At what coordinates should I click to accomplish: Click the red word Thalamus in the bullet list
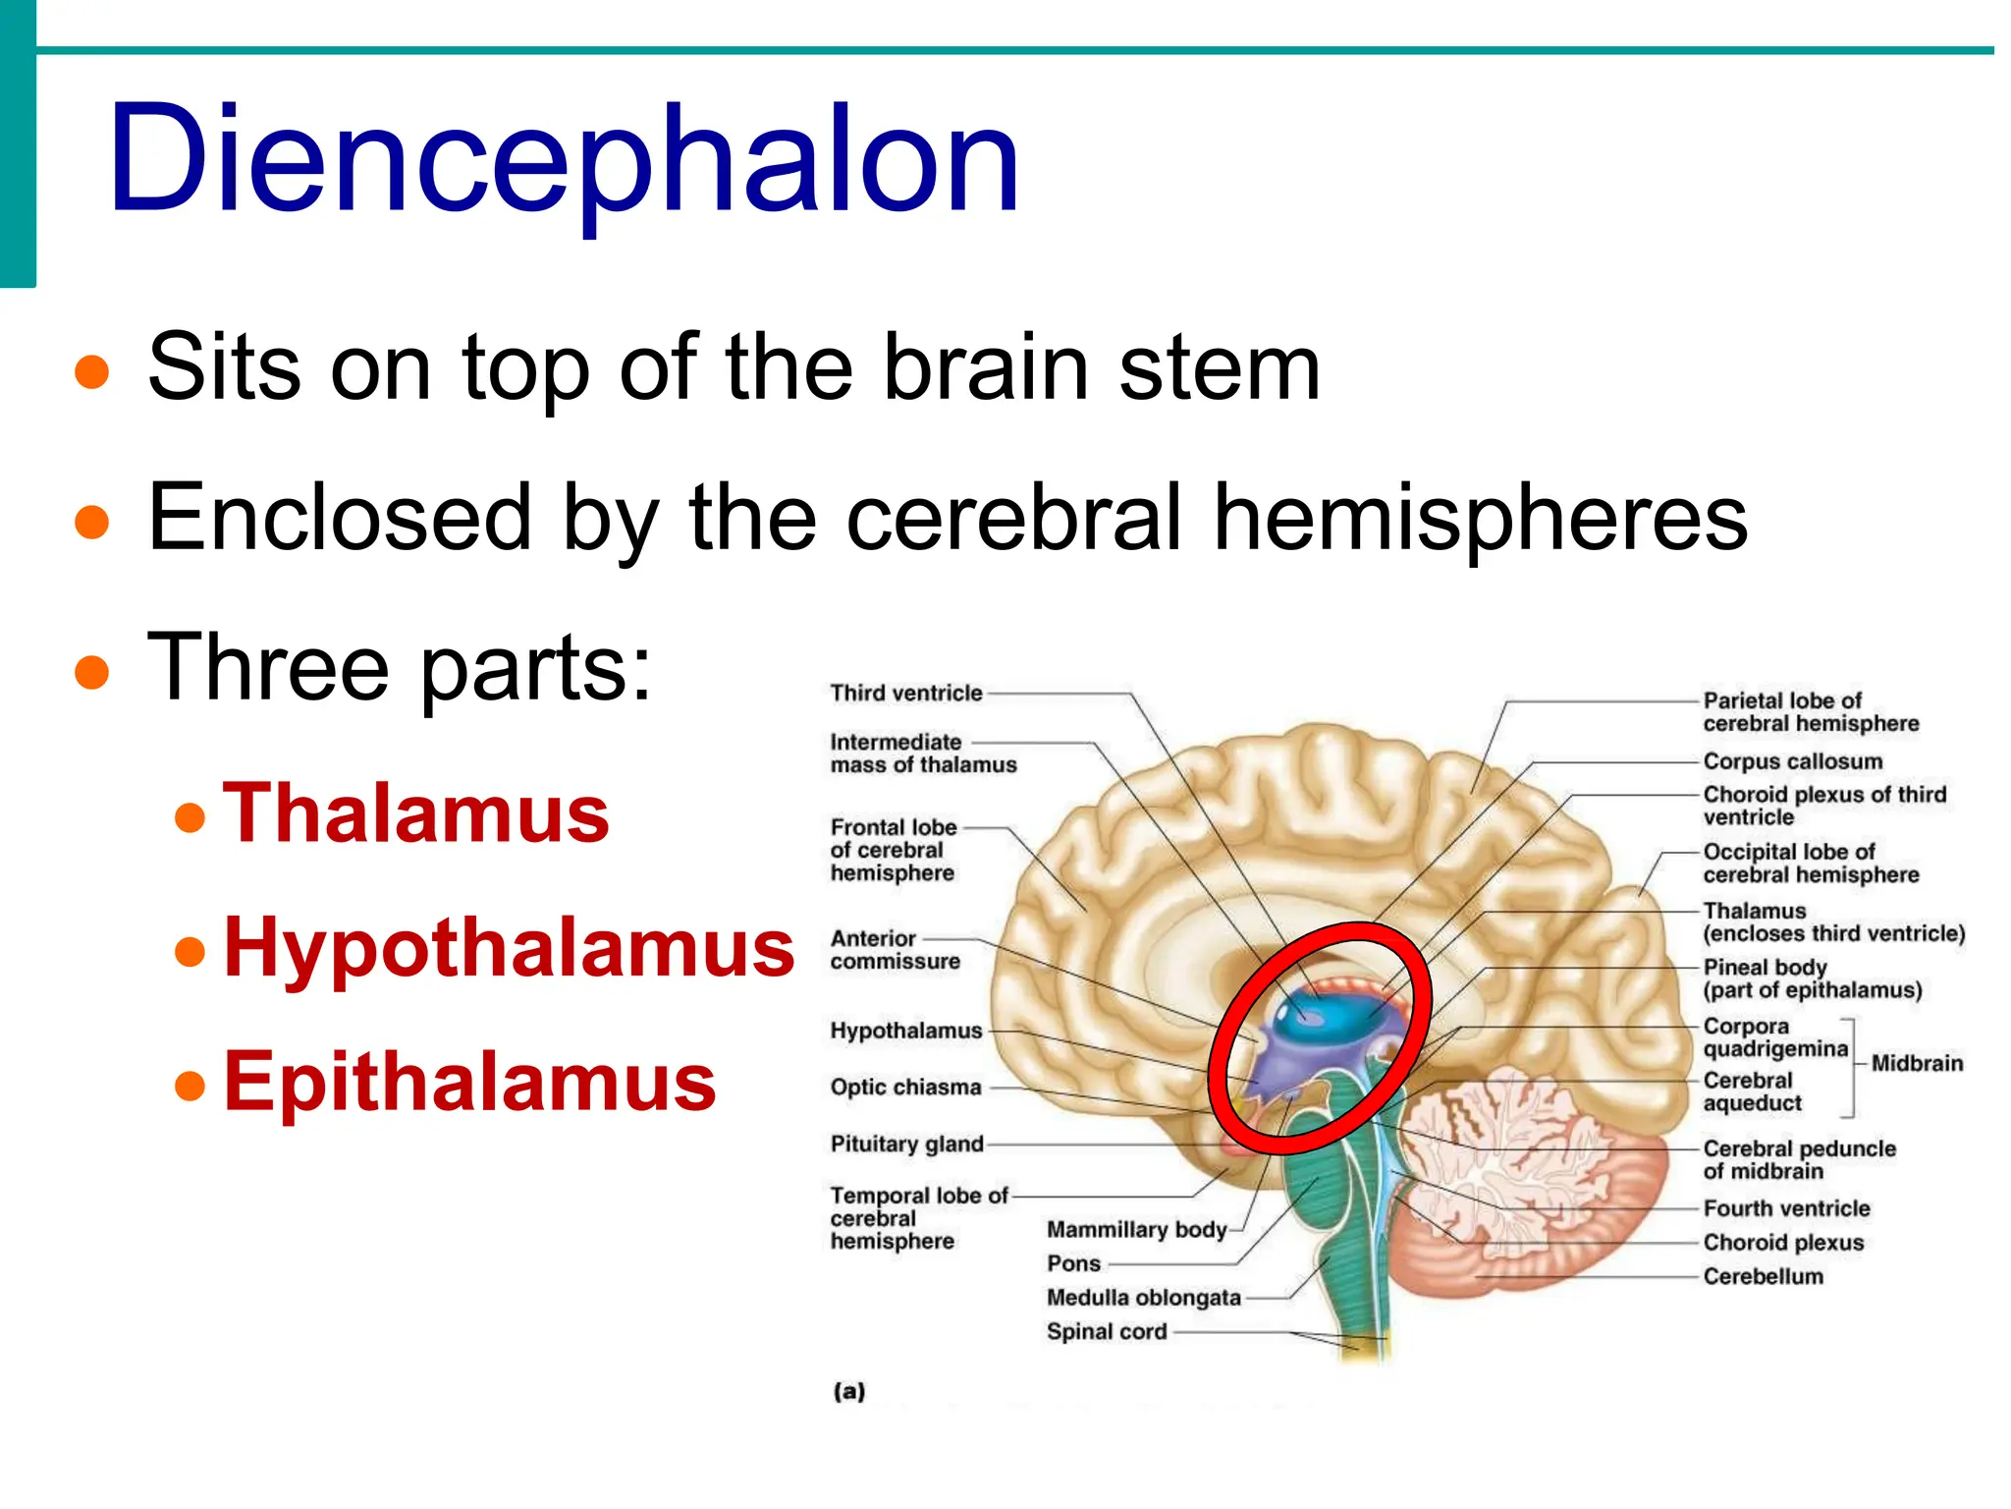point(416,813)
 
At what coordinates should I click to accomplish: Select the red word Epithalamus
point(469,1082)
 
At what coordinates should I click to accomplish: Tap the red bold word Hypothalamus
point(509,947)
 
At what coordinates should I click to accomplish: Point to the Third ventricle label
point(905,694)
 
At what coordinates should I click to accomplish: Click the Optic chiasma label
point(905,1088)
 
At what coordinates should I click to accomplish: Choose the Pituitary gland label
point(906,1145)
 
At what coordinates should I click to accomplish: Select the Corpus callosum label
point(1792,761)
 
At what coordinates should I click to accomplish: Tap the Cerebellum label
point(1763,1277)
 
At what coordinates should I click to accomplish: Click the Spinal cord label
point(1107,1332)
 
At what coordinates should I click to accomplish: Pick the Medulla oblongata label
point(1143,1298)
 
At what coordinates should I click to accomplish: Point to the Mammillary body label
point(1136,1230)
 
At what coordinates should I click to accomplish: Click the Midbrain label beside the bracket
point(1917,1063)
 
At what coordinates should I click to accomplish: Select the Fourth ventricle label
point(1786,1208)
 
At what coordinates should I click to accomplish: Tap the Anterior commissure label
point(895,950)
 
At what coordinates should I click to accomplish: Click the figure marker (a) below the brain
point(849,1391)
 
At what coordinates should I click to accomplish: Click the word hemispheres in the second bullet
point(1480,518)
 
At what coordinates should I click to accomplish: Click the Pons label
point(1073,1263)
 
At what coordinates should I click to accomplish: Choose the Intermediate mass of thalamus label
point(923,754)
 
